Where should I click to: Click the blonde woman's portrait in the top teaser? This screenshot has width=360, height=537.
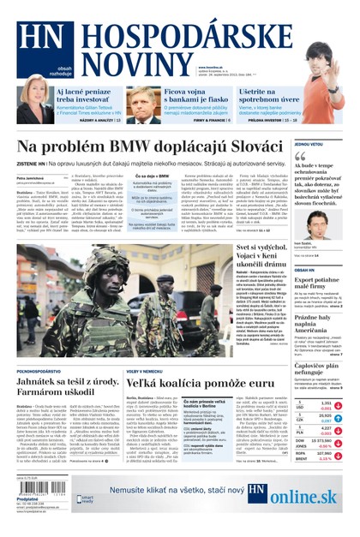pos(34,99)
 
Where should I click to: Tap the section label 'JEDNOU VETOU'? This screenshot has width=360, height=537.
pos(308,144)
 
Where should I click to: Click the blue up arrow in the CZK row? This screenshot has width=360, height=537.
pos(339,419)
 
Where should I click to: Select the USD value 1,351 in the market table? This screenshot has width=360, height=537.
pos(325,402)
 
